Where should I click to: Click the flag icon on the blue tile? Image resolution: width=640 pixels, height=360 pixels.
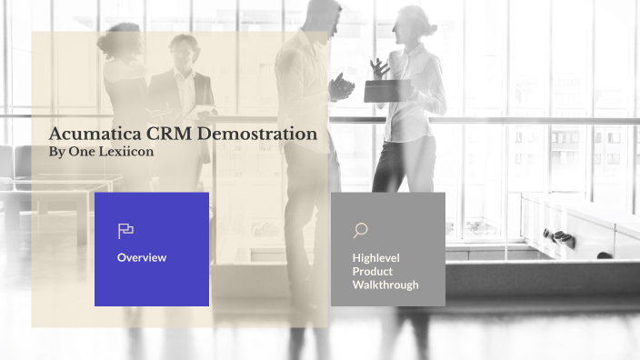125,231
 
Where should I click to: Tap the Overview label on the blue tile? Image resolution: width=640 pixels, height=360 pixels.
142,257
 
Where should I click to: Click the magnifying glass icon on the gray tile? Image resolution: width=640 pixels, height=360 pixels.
360,231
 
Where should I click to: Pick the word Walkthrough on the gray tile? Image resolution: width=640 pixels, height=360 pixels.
385,285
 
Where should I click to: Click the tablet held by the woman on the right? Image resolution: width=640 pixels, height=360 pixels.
379,90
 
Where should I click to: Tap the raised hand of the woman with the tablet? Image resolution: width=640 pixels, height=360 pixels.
380,66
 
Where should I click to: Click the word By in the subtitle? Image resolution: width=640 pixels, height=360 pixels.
56,152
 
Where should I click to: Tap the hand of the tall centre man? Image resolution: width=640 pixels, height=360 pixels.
341,86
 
